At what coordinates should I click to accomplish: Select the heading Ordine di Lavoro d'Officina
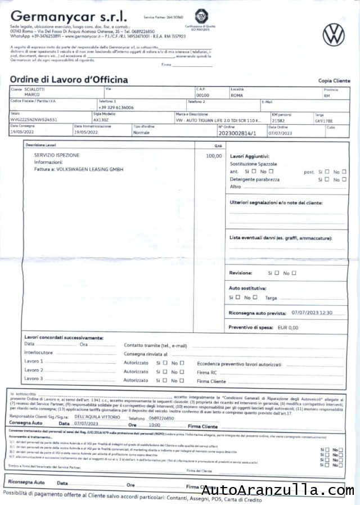coord(69,80)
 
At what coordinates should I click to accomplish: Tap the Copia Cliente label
coord(334,81)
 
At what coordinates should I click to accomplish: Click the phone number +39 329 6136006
coord(116,107)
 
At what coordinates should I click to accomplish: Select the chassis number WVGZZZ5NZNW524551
coord(34,120)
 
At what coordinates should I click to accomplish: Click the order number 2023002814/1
coord(236,133)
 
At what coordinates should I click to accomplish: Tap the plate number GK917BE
coord(323,120)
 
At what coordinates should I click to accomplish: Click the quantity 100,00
coord(214,155)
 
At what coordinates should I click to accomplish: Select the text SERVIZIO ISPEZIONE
coord(56,155)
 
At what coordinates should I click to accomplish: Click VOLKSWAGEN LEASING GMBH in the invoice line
coord(87,169)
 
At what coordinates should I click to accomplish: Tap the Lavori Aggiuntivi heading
coord(250,156)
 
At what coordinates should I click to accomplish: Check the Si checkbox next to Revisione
coord(276,273)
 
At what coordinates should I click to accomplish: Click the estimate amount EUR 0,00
coord(288,327)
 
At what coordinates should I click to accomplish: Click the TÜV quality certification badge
coord(200,17)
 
